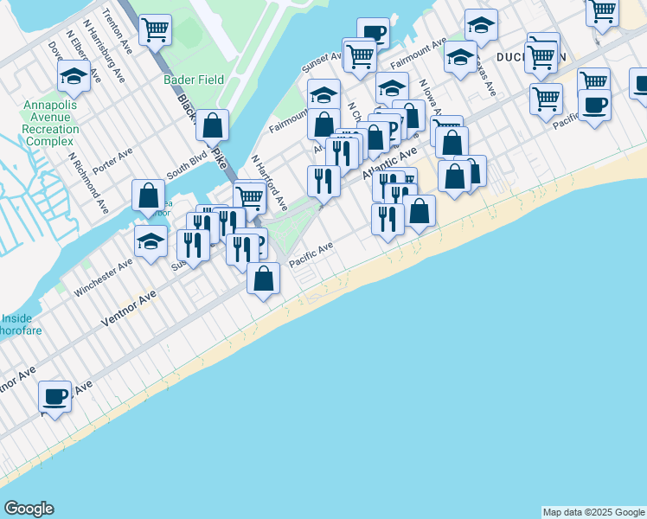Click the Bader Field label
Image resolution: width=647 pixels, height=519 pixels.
click(x=194, y=80)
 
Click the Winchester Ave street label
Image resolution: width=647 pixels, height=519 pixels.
click(x=103, y=276)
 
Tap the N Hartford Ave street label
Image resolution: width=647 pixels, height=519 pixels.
click(x=269, y=183)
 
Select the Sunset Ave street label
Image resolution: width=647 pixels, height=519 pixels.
click(x=322, y=61)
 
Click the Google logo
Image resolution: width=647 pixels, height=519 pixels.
click(x=29, y=509)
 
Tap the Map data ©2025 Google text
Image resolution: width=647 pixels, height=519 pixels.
click(x=593, y=512)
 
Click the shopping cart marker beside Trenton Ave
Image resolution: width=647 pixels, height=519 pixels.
click(x=155, y=30)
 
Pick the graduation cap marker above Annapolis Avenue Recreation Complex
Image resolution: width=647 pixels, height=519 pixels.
click(x=74, y=76)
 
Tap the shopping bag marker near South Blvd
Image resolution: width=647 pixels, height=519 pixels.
click(x=149, y=195)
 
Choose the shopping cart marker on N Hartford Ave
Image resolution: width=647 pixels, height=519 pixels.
click(x=249, y=197)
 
